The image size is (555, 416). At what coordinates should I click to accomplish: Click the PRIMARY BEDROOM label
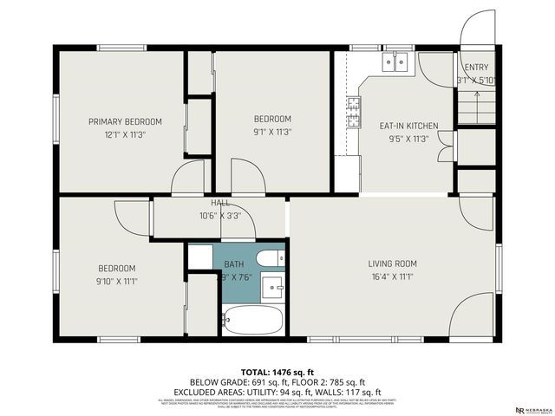coord(125,121)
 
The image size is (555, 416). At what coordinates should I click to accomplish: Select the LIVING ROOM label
coord(392,263)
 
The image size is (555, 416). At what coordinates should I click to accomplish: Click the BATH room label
coord(234,263)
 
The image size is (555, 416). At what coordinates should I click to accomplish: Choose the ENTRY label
coord(476,68)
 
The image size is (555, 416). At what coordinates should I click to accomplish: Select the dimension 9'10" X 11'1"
coord(116,281)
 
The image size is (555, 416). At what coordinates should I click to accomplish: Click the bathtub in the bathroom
coord(252,321)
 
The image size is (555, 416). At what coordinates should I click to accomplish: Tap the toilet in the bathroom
coord(270,258)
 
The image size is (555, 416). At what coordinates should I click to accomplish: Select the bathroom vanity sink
coord(274,287)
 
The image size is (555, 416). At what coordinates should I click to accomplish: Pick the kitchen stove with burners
coord(354,112)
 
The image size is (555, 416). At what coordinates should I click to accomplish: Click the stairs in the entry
coord(469,107)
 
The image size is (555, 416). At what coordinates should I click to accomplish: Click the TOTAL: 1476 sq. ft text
coord(277,372)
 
